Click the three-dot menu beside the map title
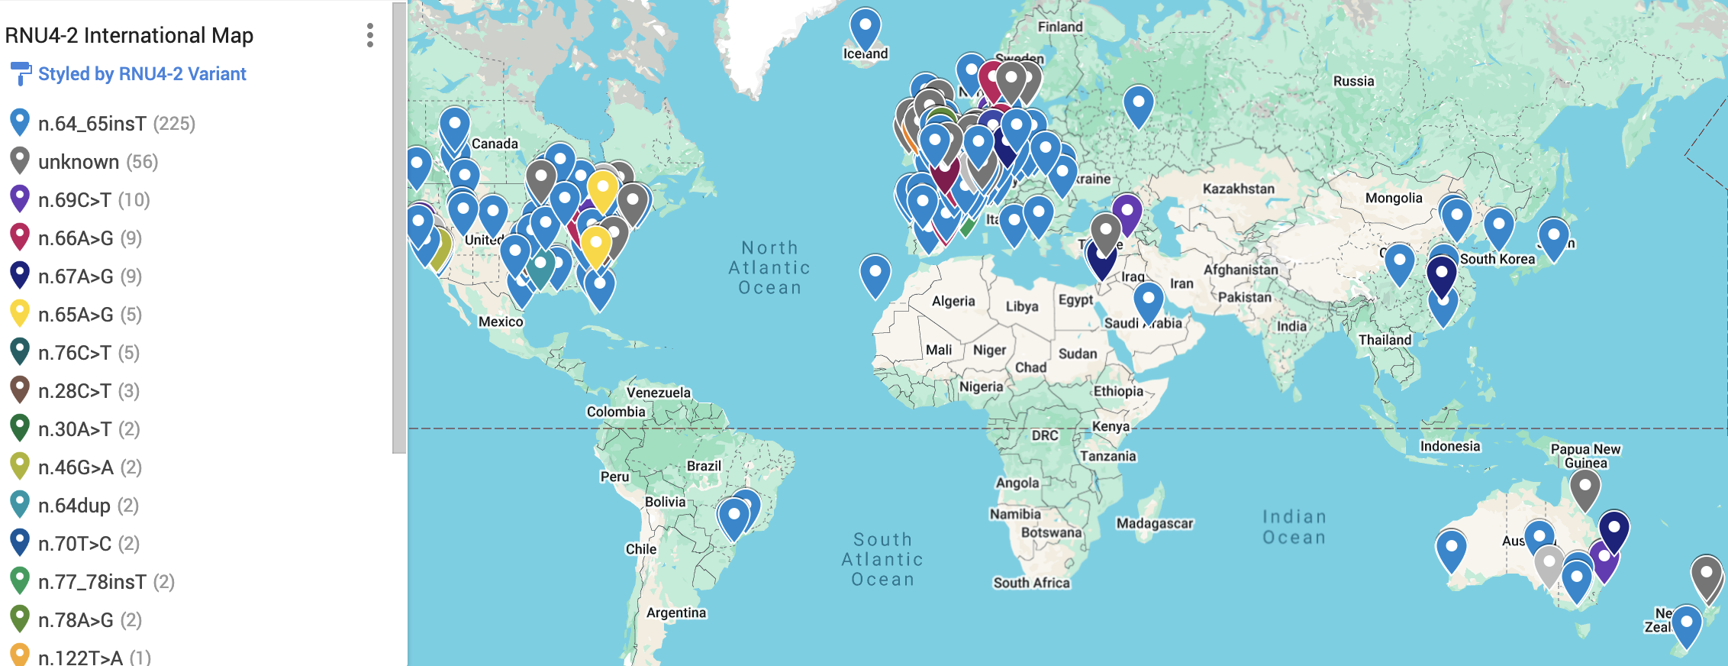[370, 35]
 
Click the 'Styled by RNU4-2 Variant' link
[142, 74]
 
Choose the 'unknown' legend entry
[79, 162]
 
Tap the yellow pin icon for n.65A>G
[20, 313]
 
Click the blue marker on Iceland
[865, 27]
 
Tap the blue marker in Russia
[1138, 104]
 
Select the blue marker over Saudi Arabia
[1148, 300]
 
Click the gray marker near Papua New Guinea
[1585, 488]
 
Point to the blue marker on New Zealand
[1686, 625]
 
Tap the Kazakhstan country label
[1238, 189]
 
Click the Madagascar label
[1154, 523]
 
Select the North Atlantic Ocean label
[769, 267]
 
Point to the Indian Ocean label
[1294, 527]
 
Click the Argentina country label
[676, 613]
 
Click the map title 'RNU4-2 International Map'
[129, 35]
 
